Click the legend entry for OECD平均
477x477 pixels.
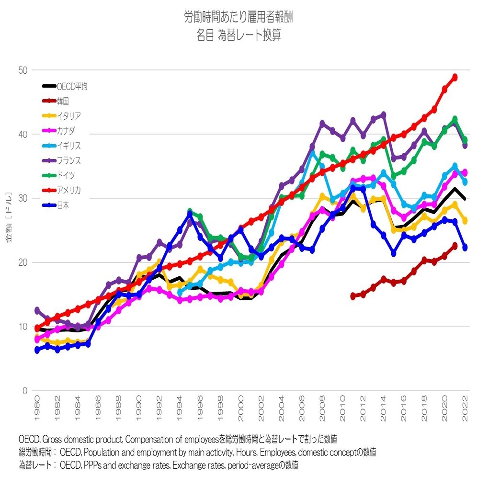[71, 87]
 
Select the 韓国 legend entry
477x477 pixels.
[63, 102]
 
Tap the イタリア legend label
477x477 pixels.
[68, 116]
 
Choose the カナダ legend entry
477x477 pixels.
[66, 131]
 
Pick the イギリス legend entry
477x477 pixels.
[68, 146]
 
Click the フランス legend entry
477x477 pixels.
[68, 161]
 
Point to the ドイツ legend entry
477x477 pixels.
[66, 176]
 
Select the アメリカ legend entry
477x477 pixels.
[68, 191]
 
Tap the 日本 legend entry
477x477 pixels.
[63, 205]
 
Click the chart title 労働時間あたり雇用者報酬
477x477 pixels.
[238, 18]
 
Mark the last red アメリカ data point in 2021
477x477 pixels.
[454, 77]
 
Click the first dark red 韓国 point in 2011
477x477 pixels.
[353, 296]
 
